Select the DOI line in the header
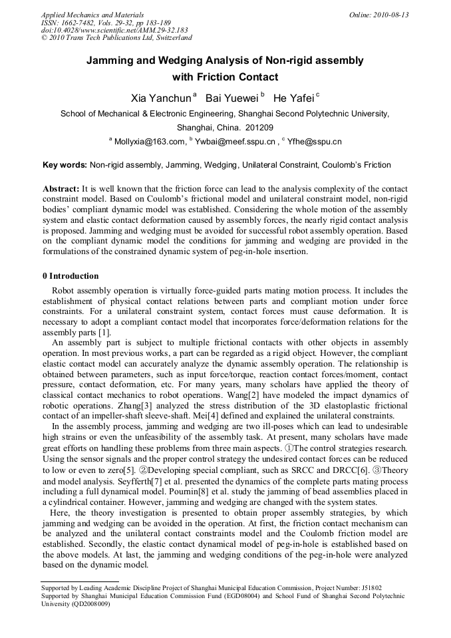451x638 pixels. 114,30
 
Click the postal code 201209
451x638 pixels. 257,128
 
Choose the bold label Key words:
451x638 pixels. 65,165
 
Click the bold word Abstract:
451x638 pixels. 61,189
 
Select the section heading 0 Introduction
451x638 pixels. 71,276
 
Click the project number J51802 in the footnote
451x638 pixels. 369,588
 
